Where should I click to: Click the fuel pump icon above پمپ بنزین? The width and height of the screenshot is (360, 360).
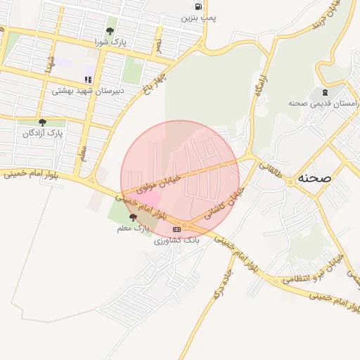pyautogui.click(x=198, y=7)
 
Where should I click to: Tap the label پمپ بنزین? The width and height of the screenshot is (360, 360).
pyautogui.click(x=198, y=18)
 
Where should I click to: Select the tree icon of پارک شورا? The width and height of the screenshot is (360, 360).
pyautogui.click(x=110, y=31)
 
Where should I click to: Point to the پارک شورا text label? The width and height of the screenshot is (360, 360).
pyautogui.click(x=111, y=42)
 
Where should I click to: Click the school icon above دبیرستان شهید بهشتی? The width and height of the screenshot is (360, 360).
pyautogui.click(x=88, y=80)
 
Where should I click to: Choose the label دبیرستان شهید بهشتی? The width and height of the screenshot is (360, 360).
pyautogui.click(x=88, y=91)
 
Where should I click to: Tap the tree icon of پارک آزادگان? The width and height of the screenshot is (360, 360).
pyautogui.click(x=42, y=122)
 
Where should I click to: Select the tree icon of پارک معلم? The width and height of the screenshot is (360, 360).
pyautogui.click(x=134, y=218)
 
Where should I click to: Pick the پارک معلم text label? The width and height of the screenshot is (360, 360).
pyautogui.click(x=134, y=229)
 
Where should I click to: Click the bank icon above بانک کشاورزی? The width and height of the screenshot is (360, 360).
pyautogui.click(x=176, y=229)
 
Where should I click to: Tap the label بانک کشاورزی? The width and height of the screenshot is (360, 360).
pyautogui.click(x=177, y=240)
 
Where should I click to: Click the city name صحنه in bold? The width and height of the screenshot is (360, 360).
pyautogui.click(x=314, y=177)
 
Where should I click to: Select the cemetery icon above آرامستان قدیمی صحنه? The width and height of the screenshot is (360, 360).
pyautogui.click(x=324, y=92)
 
